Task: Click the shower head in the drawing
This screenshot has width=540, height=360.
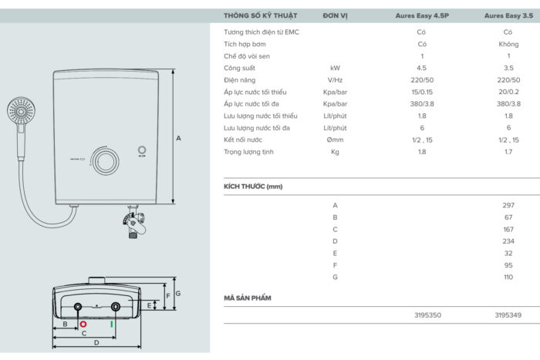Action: pos(21,111)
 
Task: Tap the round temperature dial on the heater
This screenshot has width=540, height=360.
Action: pos(106,161)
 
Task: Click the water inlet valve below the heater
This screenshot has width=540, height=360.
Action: pos(134,222)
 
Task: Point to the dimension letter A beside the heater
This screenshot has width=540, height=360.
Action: pos(178,138)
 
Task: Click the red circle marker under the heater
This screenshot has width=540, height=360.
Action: pos(83,325)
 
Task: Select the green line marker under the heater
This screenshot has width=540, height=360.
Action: pos(112,325)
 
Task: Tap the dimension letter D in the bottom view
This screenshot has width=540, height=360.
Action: pos(96,343)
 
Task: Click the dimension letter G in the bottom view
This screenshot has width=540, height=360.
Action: pos(178,294)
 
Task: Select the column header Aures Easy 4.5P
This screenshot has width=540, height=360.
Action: pos(422,16)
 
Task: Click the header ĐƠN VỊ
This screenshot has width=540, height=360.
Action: pos(335,16)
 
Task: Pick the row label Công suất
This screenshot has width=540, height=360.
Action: pos(239,68)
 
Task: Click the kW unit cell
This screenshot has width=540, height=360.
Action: pos(335,68)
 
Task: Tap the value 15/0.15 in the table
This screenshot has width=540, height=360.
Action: pos(422,93)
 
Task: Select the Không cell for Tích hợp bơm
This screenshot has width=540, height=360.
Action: pos(508,45)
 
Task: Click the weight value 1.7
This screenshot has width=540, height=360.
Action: pos(508,152)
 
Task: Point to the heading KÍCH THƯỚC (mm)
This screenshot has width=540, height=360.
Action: pos(253,187)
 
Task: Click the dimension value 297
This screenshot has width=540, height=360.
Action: pos(508,206)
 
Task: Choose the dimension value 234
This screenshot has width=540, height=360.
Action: pos(508,241)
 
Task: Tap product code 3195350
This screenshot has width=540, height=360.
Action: pos(427,315)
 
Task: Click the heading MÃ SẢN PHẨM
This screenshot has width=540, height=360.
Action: pos(248,298)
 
